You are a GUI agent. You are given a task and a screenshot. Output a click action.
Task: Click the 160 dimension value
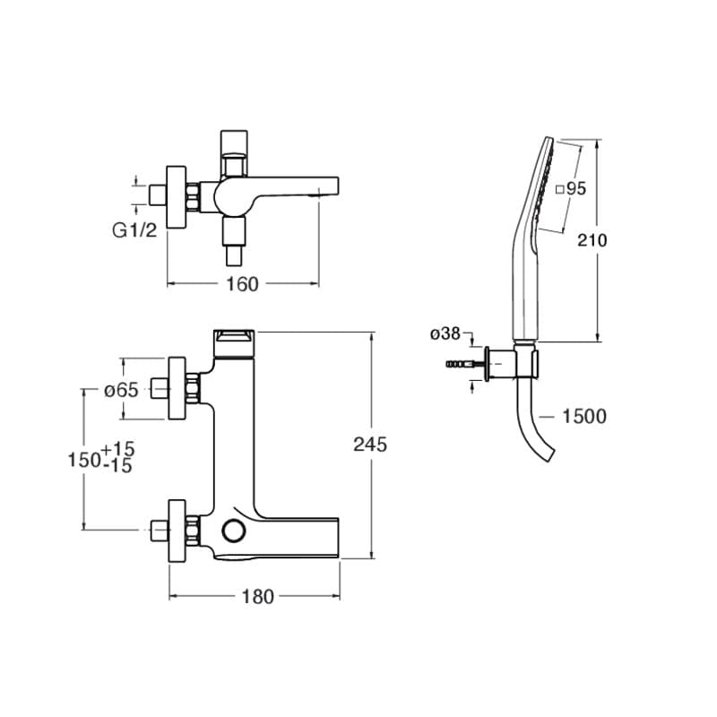[242, 284]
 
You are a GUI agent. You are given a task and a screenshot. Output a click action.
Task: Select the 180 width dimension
[257, 597]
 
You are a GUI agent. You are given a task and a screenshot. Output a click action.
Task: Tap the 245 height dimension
[370, 444]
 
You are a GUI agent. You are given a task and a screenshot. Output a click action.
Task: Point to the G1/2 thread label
[134, 230]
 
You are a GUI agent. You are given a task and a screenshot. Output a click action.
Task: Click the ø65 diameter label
[121, 390]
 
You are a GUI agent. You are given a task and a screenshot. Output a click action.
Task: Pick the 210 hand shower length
[592, 240]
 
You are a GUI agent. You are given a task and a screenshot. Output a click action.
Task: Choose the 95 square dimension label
[571, 188]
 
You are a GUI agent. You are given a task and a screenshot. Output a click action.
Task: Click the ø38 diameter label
[445, 333]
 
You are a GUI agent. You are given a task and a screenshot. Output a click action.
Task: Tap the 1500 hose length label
[584, 416]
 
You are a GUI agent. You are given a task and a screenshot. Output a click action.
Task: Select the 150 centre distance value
[83, 460]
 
